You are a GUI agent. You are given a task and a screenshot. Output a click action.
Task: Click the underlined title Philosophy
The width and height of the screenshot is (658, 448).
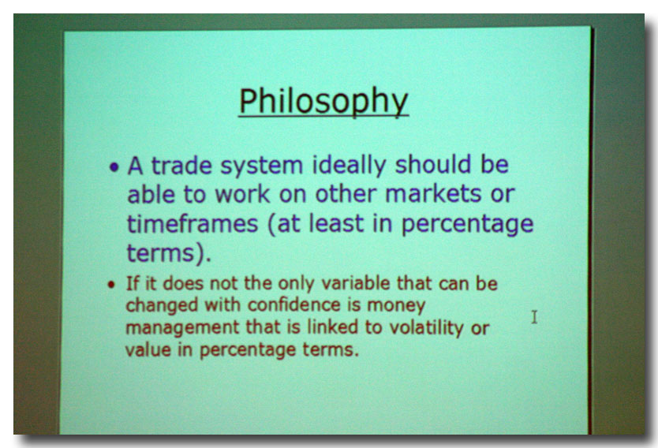(323, 102)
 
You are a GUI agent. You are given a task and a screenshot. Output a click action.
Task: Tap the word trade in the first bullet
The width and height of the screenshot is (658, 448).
(181, 165)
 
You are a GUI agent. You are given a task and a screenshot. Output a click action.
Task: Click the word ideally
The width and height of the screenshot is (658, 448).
(348, 166)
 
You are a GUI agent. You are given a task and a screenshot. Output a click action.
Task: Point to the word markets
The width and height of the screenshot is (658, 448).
(433, 194)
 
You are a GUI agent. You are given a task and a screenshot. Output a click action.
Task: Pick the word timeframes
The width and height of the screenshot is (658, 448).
(193, 223)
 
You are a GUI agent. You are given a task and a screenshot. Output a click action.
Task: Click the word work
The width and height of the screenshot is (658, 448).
(242, 194)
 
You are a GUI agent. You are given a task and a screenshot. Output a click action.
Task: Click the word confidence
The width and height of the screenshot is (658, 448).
(293, 305)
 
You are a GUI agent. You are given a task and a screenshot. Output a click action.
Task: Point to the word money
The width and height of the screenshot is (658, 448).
(396, 306)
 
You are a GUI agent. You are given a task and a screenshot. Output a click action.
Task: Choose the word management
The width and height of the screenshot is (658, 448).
(182, 328)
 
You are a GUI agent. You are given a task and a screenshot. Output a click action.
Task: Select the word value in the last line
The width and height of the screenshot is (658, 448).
(148, 349)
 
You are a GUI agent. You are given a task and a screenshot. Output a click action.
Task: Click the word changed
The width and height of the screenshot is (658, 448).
(162, 306)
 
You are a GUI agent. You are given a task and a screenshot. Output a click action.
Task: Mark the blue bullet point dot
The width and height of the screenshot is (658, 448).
(114, 167)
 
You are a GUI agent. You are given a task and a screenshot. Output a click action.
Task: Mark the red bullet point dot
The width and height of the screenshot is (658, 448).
(110, 285)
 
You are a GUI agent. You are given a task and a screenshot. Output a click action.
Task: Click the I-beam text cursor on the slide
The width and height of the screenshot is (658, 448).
(534, 317)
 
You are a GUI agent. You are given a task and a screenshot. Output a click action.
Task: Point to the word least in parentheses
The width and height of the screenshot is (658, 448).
(336, 223)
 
